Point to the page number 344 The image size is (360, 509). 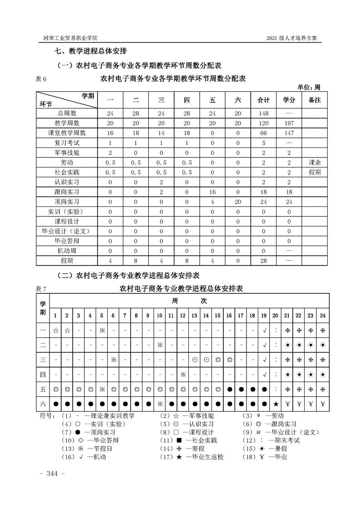point(53,474)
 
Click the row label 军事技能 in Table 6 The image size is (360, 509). point(67,152)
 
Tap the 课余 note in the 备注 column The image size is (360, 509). point(314,162)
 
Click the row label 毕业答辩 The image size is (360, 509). point(67,241)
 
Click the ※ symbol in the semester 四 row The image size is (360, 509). point(183,374)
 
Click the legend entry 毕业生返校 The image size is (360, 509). point(199,457)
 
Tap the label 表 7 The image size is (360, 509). point(41,289)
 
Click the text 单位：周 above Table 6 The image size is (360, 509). point(309,87)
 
